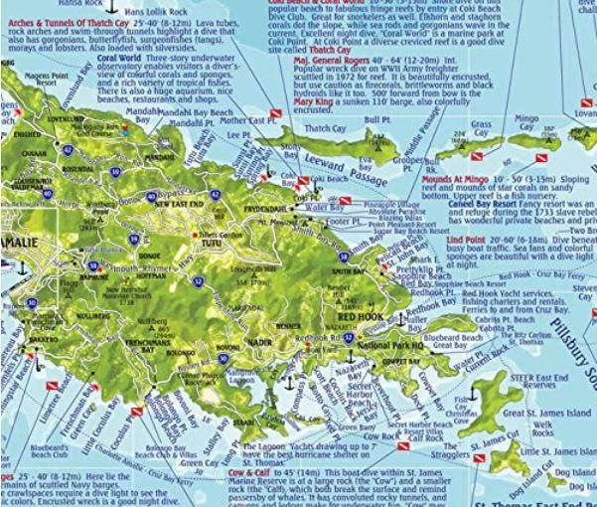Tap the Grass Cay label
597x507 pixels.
click(481, 129)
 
